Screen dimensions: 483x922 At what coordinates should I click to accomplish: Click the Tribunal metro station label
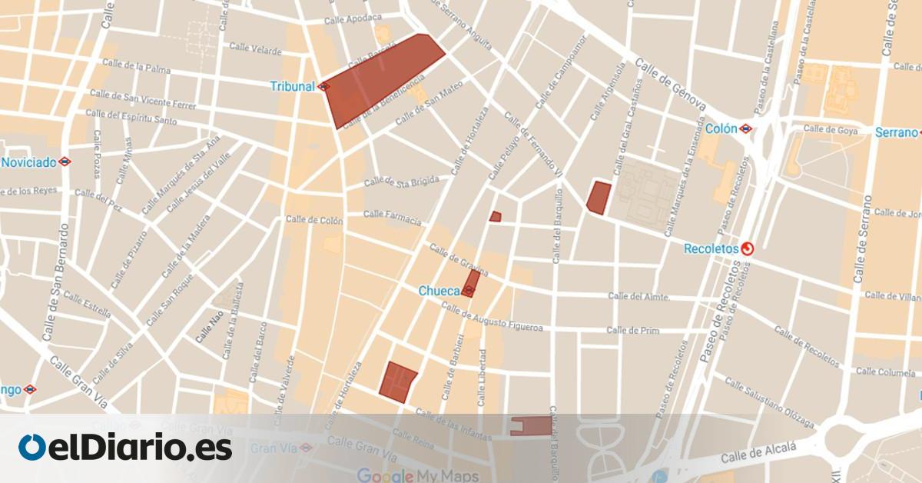pyautogui.click(x=293, y=86)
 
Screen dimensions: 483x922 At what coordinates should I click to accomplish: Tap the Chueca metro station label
pyautogui.click(x=439, y=291)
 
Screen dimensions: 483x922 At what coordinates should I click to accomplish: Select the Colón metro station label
pyautogui.click(x=721, y=129)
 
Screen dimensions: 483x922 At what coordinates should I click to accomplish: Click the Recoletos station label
pyautogui.click(x=711, y=248)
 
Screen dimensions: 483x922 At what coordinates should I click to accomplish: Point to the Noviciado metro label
pyautogui.click(x=28, y=162)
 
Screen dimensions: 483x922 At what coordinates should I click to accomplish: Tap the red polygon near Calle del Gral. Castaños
pyautogui.click(x=599, y=197)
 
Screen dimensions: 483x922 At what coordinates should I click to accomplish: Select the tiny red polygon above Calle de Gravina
pyautogui.click(x=496, y=217)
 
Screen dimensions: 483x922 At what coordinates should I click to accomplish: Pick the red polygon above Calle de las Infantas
pyautogui.click(x=398, y=381)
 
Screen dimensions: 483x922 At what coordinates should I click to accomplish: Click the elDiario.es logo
pyautogui.click(x=125, y=448)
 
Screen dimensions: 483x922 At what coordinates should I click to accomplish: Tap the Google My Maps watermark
pyautogui.click(x=417, y=475)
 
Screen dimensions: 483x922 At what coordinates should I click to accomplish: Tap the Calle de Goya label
pyautogui.click(x=830, y=130)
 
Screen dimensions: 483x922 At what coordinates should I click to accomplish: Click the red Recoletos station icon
pyautogui.click(x=748, y=248)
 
